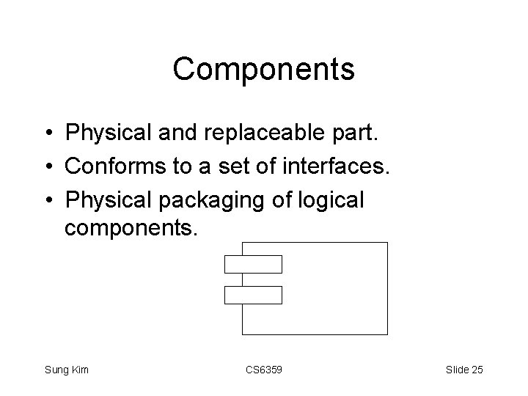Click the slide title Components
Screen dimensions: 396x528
[264, 70]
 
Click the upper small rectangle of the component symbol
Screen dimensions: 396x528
[253, 263]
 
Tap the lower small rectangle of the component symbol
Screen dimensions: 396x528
[253, 294]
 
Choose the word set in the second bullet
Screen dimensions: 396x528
[221, 166]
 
